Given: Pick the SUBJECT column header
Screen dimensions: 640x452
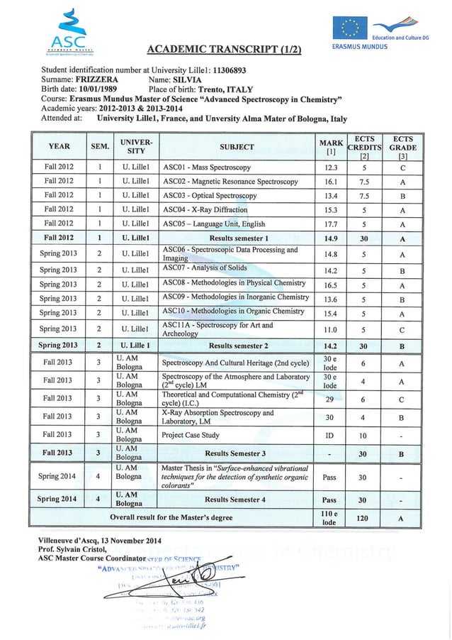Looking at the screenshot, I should (237, 147).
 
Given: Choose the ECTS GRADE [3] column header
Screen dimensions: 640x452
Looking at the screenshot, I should (402, 147).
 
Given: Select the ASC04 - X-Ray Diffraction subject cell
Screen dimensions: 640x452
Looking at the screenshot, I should (205, 210).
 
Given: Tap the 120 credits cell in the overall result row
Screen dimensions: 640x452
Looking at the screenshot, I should (362, 519).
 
